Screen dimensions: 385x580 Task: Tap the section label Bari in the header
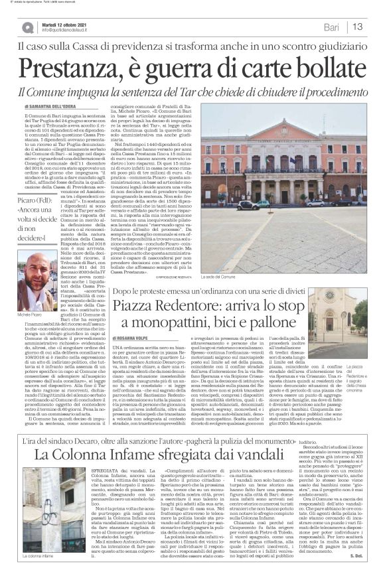coord(329,27)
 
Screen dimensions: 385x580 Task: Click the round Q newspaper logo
coord(27,27)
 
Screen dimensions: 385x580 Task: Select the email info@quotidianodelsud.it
coord(73,31)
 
